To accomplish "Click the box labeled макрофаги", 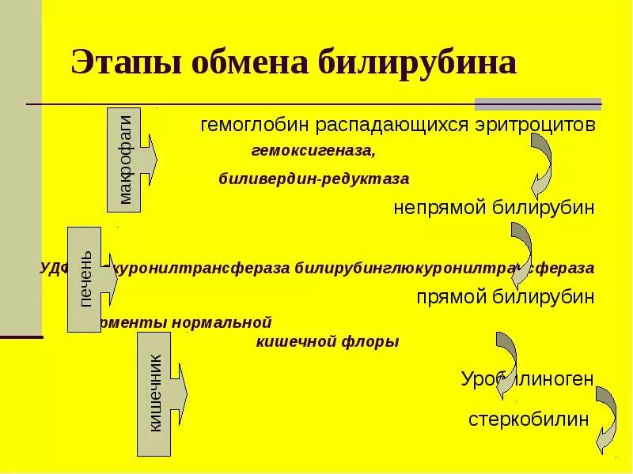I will point(124,160).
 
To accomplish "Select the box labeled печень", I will point(85,279).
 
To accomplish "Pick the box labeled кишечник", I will point(154,393).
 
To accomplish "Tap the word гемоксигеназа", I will point(314,149).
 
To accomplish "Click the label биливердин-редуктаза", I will point(314,179).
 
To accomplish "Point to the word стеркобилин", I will point(529,419).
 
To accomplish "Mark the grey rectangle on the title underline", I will point(538,103).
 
